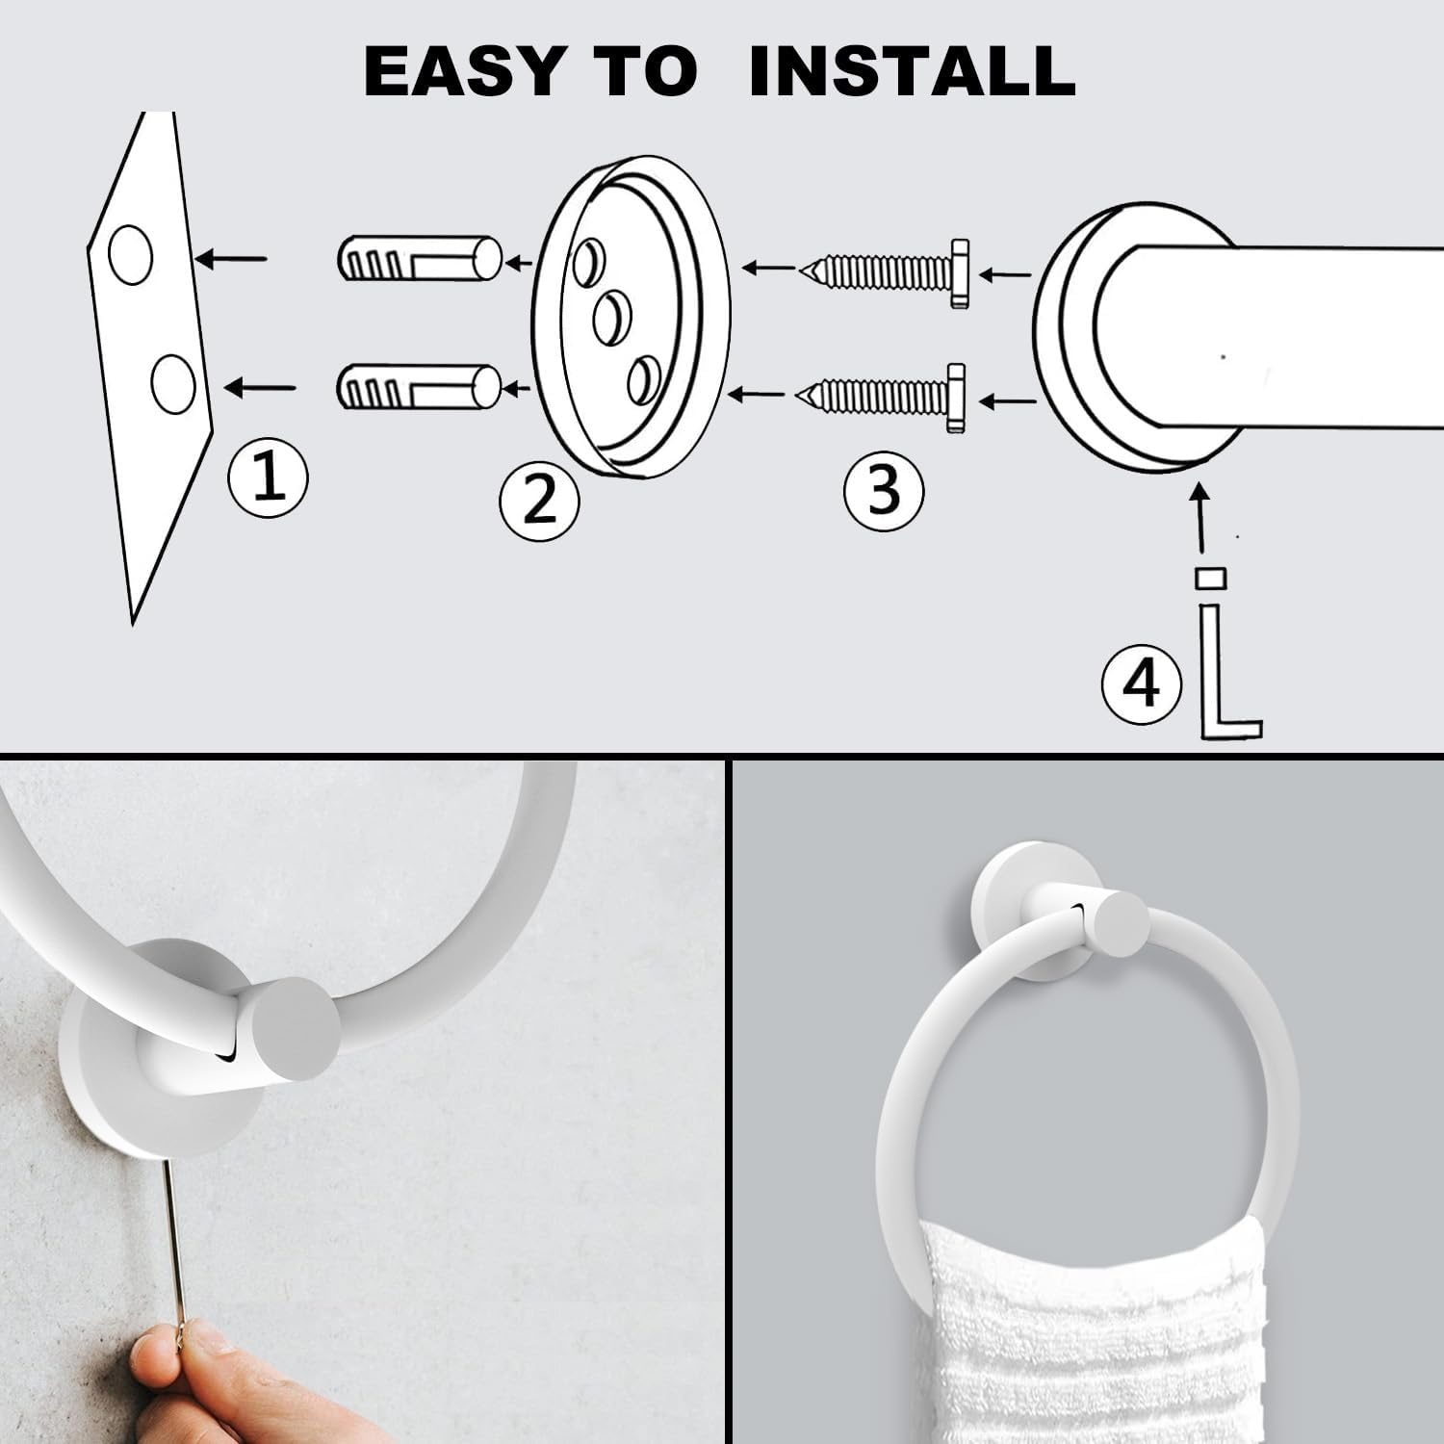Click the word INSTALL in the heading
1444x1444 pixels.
912,70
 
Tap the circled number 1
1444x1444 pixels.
268,477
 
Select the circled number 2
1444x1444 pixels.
539,500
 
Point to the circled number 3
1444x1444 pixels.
883,490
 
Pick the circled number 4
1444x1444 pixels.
1141,684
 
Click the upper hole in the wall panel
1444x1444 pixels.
130,255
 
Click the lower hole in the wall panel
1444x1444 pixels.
173,383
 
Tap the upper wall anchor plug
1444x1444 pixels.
420,258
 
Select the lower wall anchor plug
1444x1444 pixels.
419,387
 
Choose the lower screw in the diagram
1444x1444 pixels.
881,396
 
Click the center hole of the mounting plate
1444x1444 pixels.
611,319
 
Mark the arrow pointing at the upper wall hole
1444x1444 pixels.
231,258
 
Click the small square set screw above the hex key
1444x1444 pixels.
1210,578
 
